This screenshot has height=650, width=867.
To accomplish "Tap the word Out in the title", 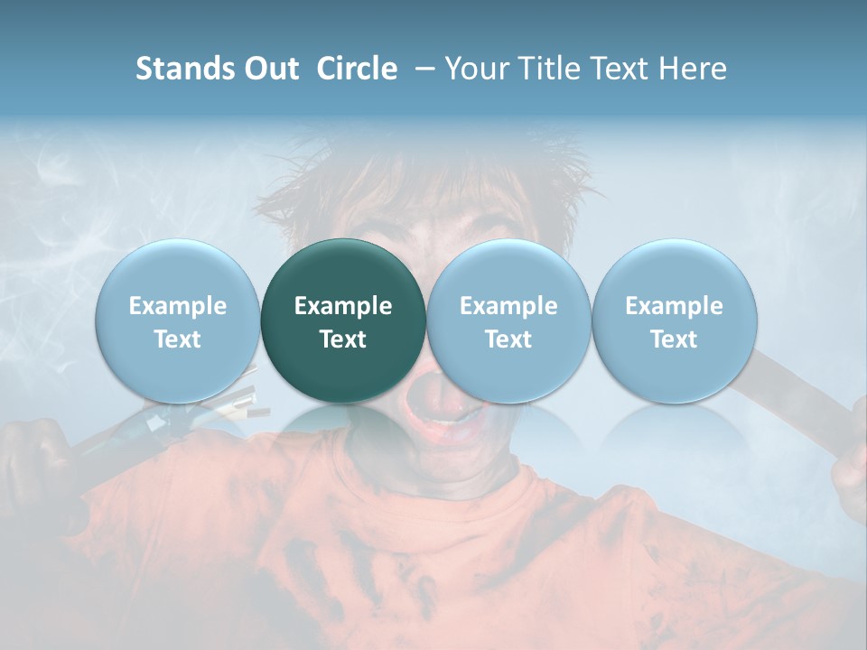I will (270, 69).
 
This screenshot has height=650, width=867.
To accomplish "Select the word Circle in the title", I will (357, 69).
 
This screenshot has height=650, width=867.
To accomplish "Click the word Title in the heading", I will (548, 69).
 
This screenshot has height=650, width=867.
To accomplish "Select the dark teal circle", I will (343, 320).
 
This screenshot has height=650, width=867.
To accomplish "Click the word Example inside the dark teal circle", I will (343, 306).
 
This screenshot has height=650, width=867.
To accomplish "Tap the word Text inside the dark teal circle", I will (343, 339).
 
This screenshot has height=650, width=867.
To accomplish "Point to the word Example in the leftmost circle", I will (178, 306).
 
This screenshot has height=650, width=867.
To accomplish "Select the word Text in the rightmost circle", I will (675, 339).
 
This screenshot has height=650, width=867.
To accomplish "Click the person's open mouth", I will (447, 421).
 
